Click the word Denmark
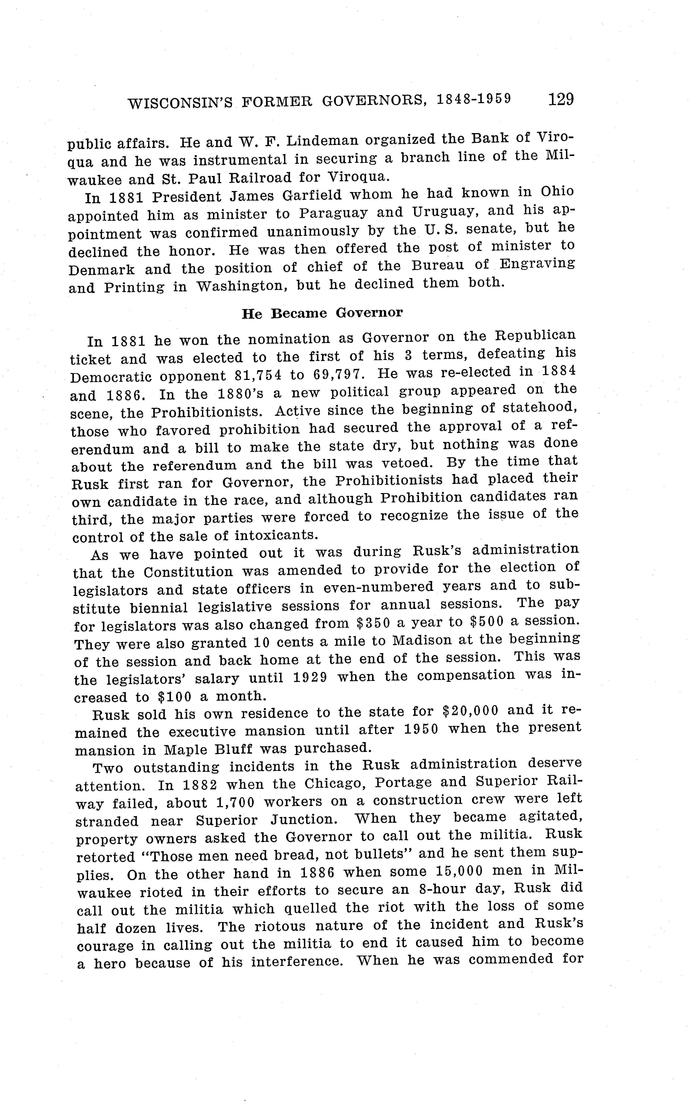coord(102,270)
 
